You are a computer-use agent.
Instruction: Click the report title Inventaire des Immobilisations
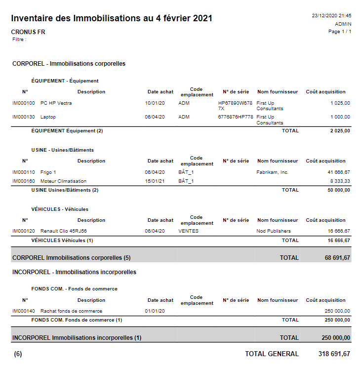[x=112, y=18]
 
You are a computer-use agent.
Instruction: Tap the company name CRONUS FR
[x=28, y=32]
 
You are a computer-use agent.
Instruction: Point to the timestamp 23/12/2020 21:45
[x=331, y=16]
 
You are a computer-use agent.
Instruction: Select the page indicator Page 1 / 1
[x=340, y=32]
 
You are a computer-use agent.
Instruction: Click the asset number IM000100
[x=24, y=103]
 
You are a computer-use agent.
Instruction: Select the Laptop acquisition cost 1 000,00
[x=340, y=117]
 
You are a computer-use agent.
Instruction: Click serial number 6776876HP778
[x=236, y=117]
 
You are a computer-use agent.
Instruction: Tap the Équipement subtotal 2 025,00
[x=340, y=131]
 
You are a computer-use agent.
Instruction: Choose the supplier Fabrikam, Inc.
[x=272, y=172]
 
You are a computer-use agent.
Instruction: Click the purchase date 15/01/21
[x=155, y=181]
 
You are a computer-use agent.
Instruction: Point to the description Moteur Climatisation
[x=63, y=181]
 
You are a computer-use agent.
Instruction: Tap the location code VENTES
[x=188, y=231]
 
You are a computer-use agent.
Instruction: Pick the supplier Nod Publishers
[x=274, y=231]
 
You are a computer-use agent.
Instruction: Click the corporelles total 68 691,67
[x=334, y=257]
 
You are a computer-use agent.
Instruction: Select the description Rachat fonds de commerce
[x=71, y=311]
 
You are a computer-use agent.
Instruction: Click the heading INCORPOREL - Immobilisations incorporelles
[x=74, y=272]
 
